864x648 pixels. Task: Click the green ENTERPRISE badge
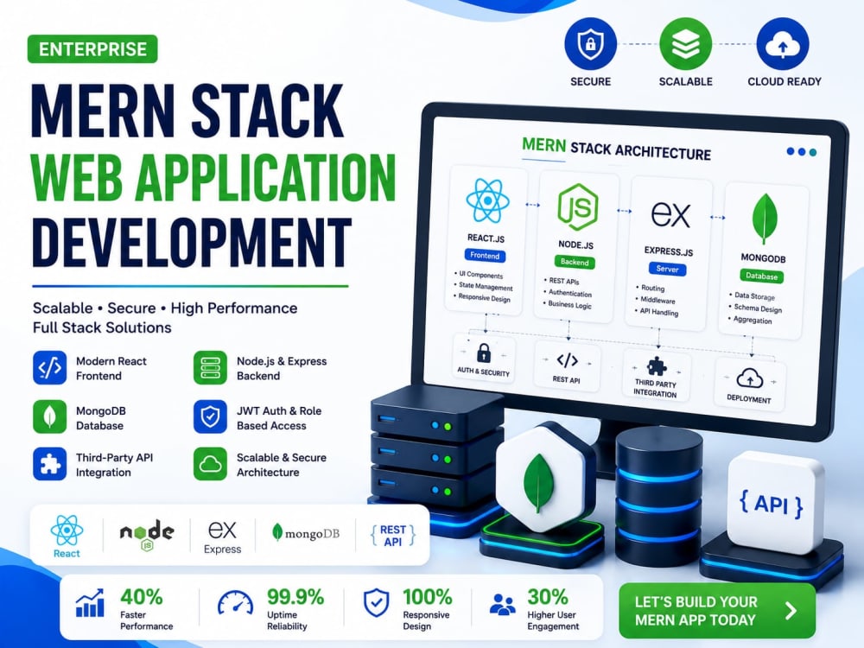[x=92, y=49]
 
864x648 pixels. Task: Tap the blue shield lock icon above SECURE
[x=590, y=43]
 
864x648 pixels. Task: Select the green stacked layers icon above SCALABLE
[x=685, y=43]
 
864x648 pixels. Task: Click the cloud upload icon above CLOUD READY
[x=783, y=43]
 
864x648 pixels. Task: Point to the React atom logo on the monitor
[x=487, y=200]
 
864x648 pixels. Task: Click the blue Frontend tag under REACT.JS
[x=485, y=256]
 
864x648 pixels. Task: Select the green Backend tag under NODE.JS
[x=575, y=263]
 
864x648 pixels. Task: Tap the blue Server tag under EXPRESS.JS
[x=667, y=270]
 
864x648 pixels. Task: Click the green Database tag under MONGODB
[x=761, y=276]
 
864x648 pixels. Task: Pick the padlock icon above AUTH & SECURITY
[x=484, y=353]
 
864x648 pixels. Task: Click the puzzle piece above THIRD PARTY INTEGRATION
[x=657, y=365]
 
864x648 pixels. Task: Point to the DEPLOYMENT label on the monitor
[x=749, y=398]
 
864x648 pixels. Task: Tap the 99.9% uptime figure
[x=295, y=597]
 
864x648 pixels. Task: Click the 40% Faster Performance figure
[x=142, y=597]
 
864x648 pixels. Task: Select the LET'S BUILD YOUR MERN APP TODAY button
[x=717, y=611]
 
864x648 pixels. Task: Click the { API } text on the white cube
[x=771, y=505]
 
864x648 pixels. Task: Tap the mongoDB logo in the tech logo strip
[x=306, y=533]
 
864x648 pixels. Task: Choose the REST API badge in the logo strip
[x=393, y=536]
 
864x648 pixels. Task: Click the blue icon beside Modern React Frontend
[x=49, y=367]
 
